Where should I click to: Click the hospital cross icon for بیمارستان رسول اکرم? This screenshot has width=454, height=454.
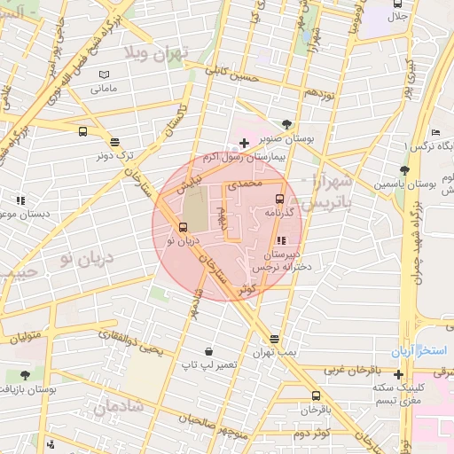244,143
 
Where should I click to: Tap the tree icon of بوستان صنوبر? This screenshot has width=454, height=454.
286,125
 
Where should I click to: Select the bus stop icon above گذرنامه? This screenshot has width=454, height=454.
280,199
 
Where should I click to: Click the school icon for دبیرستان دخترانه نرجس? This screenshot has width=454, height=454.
281,240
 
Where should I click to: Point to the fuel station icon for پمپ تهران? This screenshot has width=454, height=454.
274,339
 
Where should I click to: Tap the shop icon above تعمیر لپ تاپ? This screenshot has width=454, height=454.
207,351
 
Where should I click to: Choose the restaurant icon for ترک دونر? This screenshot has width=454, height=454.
114,141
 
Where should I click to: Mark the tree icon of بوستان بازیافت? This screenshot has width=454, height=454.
23,375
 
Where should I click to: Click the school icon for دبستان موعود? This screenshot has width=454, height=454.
20,200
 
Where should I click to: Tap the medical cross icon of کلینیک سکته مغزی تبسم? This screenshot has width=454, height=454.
398,374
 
